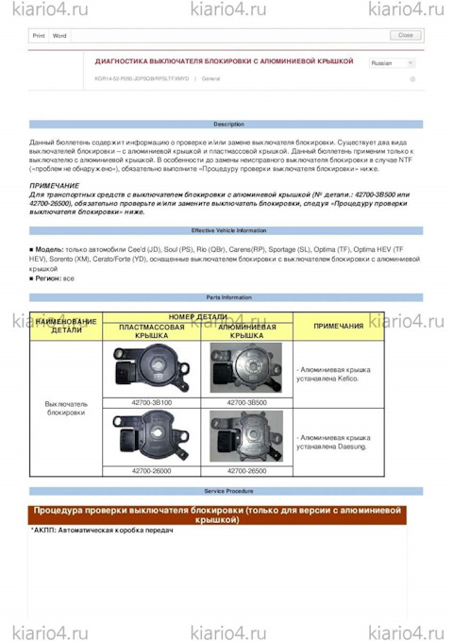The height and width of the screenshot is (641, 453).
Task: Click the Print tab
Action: click(39, 35)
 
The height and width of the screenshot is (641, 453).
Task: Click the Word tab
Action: click(59, 35)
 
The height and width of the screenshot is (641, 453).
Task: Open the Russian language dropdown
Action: click(392, 63)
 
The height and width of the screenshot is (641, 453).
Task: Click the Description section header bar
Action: click(227, 125)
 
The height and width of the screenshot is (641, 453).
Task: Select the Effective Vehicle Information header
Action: click(227, 230)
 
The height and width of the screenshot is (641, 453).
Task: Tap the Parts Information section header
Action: click(227, 296)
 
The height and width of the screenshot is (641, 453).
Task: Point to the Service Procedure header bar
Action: click(227, 492)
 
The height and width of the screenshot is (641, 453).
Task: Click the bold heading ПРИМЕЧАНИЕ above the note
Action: click(55, 186)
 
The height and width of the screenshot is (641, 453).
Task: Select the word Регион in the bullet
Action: click(49, 278)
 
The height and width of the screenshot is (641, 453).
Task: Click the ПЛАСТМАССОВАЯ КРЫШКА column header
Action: click(145, 331)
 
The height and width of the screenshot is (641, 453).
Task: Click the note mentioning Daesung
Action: click(333, 441)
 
